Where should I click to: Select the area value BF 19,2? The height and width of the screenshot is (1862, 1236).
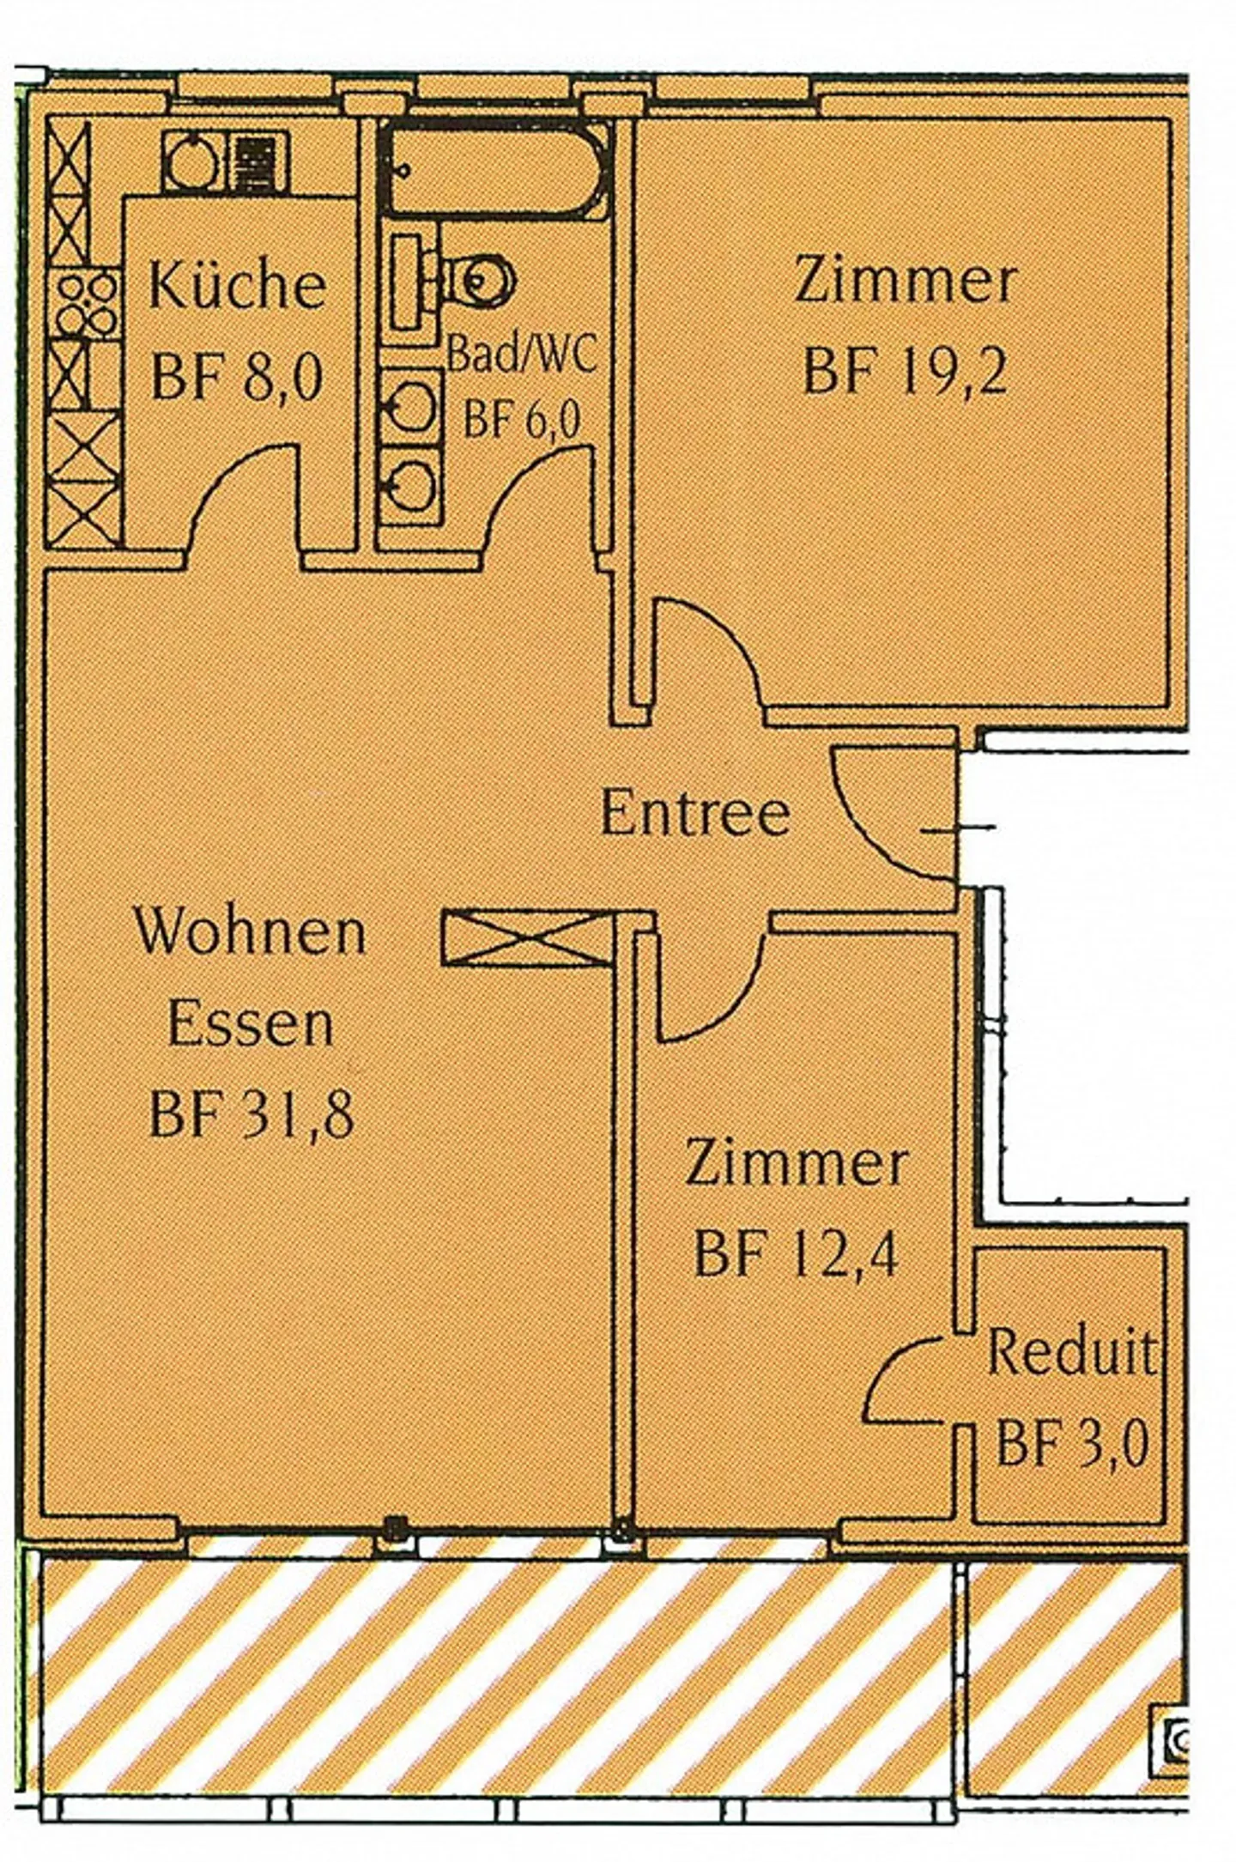coord(906,371)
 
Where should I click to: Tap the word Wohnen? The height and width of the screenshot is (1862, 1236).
coord(250,931)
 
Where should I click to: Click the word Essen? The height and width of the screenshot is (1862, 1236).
coord(250,1023)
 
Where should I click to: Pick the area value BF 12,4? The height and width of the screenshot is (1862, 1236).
coord(796,1253)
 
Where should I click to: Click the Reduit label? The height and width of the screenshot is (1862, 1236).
coord(1070,1352)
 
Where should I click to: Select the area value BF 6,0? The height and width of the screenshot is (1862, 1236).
coord(522,421)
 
